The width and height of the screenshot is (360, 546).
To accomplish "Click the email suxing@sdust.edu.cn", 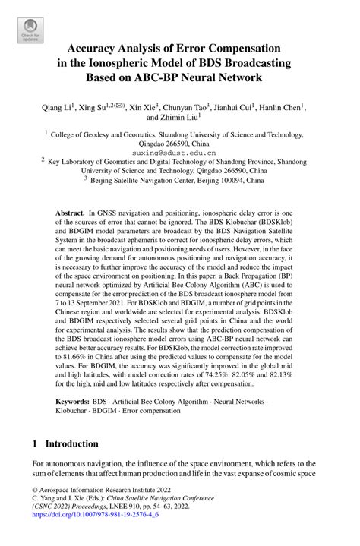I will [x=179, y=152].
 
